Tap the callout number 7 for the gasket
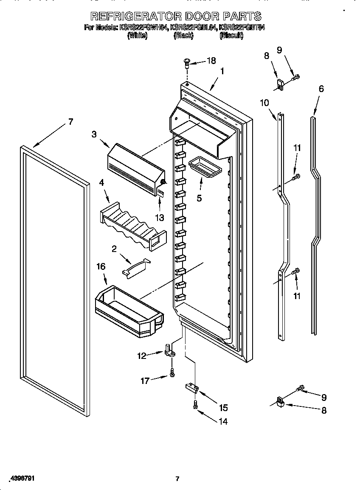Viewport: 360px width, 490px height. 70,122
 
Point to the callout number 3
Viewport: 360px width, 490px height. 94,134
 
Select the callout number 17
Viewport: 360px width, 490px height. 145,381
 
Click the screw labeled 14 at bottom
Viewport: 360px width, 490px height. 195,405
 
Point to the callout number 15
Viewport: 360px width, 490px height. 223,408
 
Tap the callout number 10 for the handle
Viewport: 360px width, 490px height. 264,102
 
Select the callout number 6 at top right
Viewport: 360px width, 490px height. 321,89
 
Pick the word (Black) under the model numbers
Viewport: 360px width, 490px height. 183,36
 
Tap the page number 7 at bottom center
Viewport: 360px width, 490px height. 178,479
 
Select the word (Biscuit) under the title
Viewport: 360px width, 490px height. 231,36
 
